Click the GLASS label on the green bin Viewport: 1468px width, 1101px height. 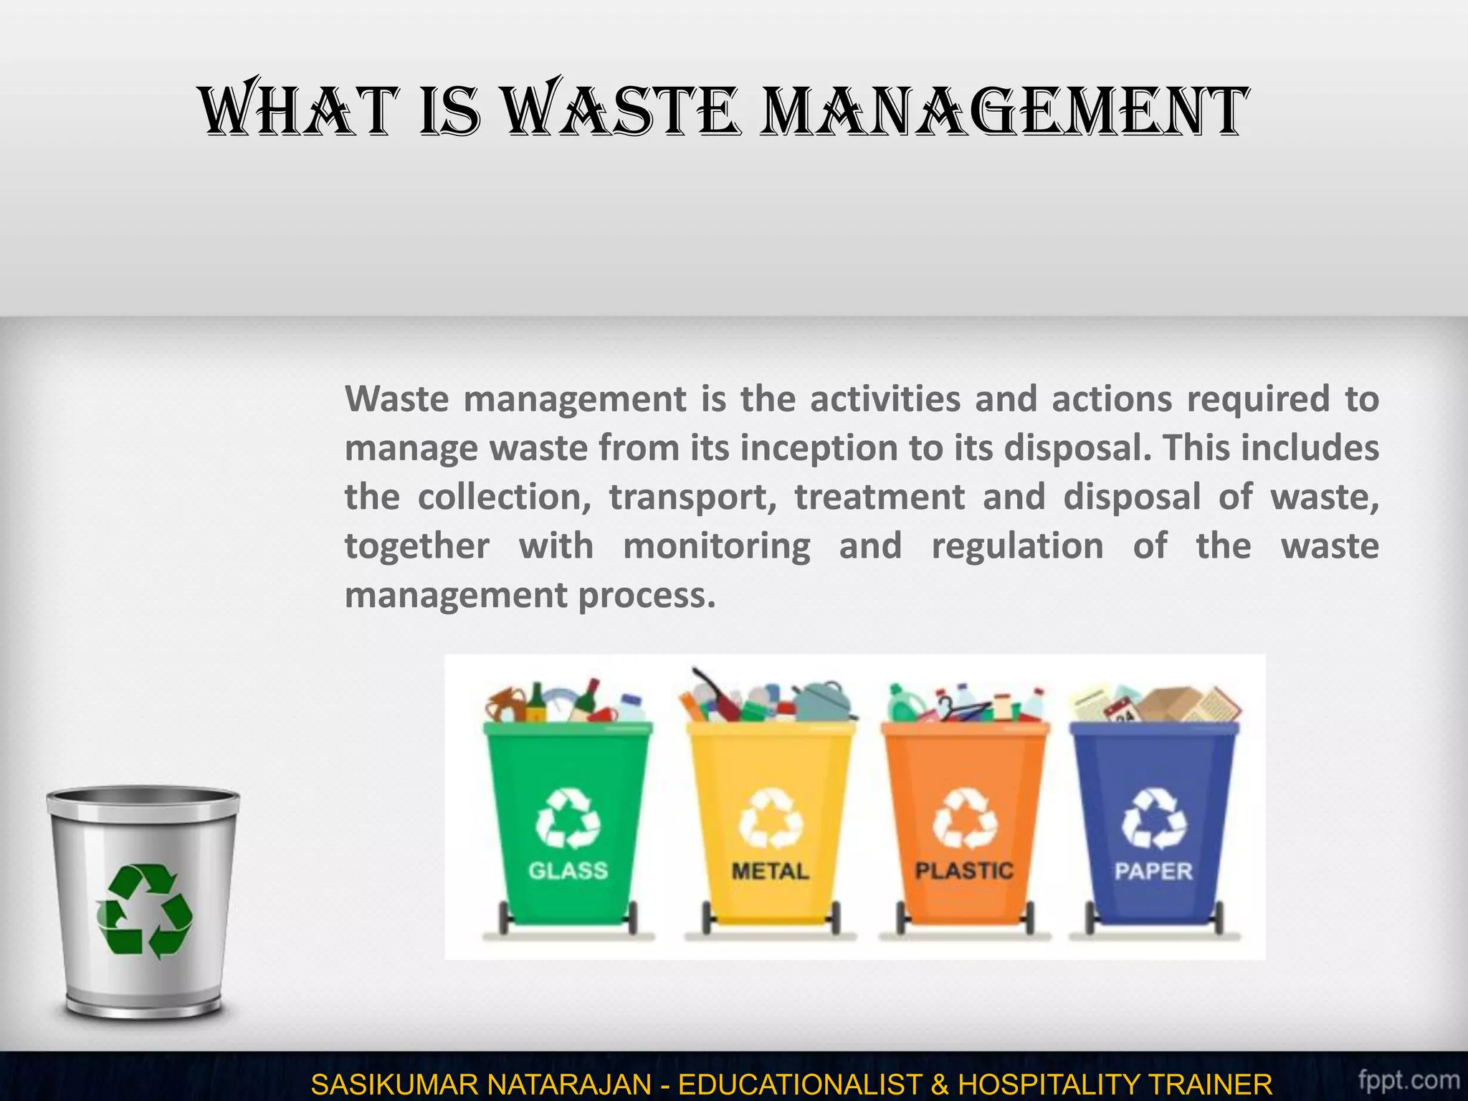[568, 870]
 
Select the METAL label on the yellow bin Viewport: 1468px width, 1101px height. [770, 871]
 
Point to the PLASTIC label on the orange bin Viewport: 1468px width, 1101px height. [964, 870]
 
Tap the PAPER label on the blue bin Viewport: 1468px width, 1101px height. [1153, 871]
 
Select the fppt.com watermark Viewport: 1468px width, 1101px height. [1409, 1079]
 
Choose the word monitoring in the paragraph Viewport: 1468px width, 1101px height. [717, 546]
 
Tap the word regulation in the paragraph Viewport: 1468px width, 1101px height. [1017, 546]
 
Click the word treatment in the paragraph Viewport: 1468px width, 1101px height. [880, 497]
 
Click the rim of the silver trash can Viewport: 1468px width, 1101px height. [143, 796]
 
